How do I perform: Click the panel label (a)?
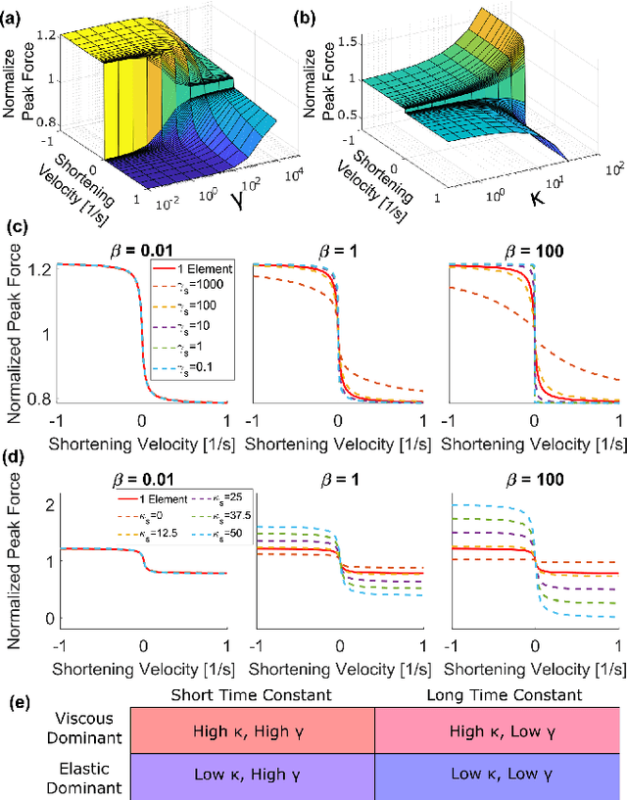pos(14,12)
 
